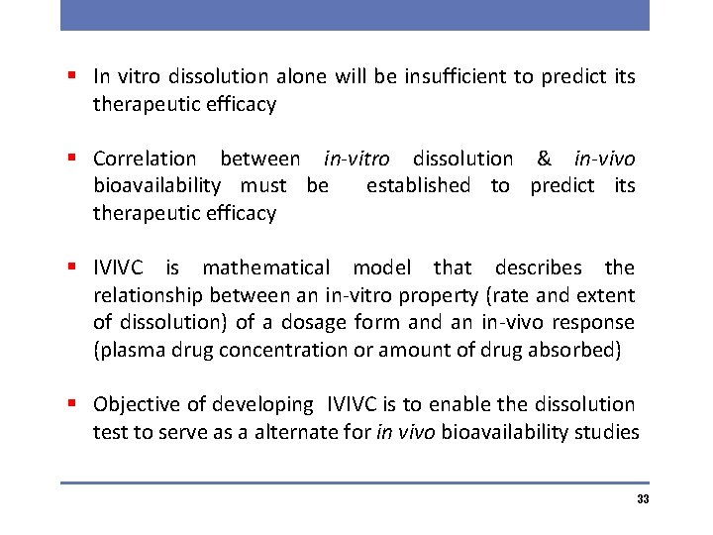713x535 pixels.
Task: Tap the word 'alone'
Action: point(300,76)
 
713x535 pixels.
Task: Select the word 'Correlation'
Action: point(145,159)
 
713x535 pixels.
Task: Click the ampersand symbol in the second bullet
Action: point(544,159)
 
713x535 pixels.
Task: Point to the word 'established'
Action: point(418,185)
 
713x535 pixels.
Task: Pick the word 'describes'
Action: point(540,267)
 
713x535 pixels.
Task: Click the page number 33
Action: point(643,499)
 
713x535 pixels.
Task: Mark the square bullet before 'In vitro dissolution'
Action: point(73,76)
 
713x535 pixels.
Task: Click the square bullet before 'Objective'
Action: point(73,404)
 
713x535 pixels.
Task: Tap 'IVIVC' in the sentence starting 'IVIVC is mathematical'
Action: point(119,267)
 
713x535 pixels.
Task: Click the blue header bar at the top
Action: point(355,15)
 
